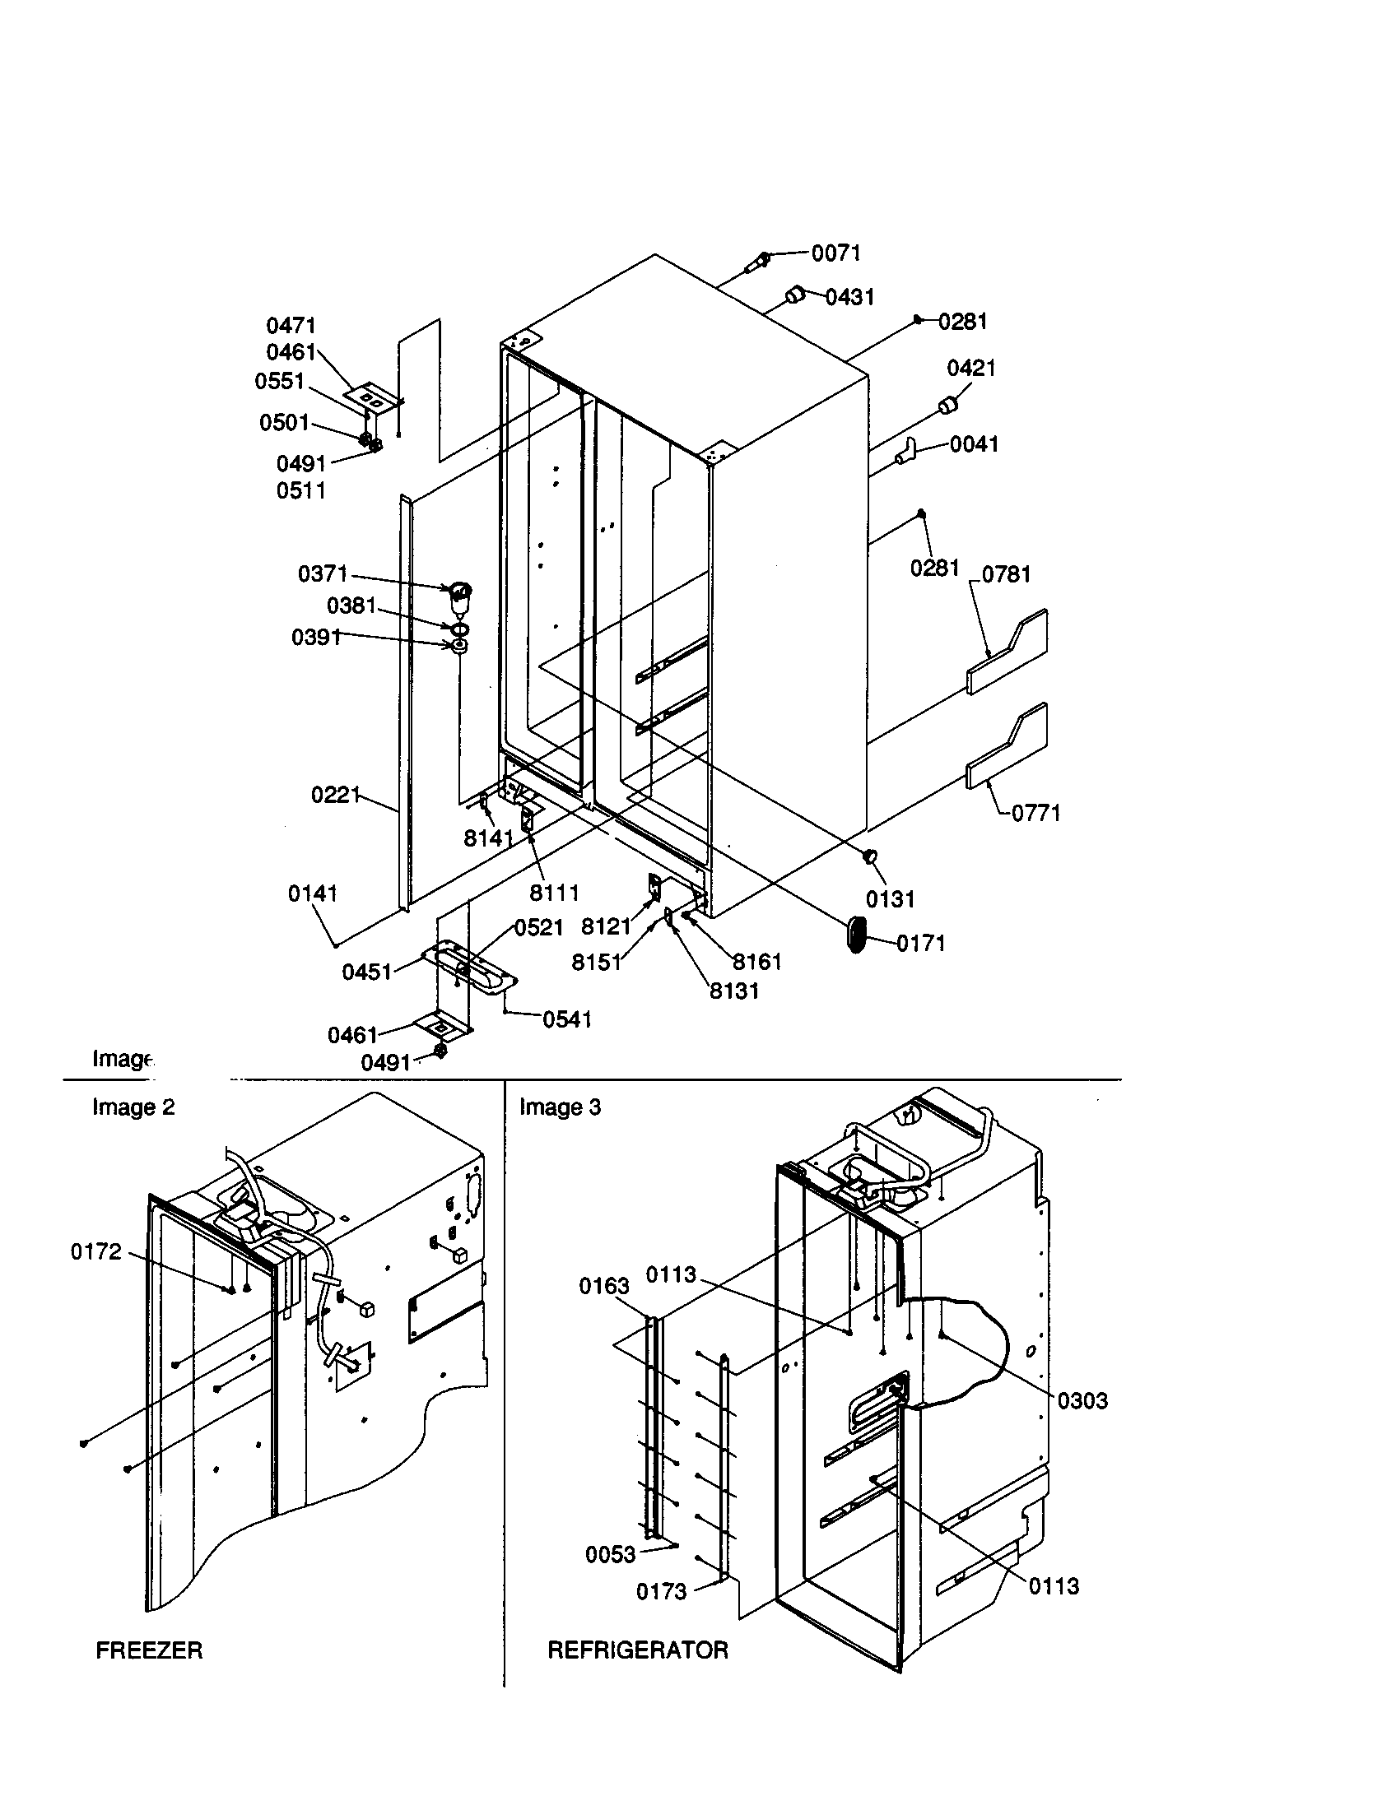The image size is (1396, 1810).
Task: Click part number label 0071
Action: (x=835, y=253)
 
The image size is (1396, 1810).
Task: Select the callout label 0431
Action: (x=849, y=297)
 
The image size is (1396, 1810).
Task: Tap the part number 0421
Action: (x=970, y=368)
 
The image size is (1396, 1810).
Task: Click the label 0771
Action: (x=1035, y=813)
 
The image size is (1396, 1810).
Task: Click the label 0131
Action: (x=890, y=899)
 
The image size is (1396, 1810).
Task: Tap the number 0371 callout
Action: (x=323, y=573)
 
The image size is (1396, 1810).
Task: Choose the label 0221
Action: (x=336, y=796)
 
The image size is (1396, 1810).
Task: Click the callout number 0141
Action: (x=313, y=893)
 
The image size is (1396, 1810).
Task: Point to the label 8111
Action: (x=554, y=893)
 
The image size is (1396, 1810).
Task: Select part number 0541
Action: (x=567, y=1019)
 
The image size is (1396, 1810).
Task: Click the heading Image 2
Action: (x=133, y=1108)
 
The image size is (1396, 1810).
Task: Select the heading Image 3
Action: (x=560, y=1108)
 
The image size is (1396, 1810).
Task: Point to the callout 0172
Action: (x=96, y=1251)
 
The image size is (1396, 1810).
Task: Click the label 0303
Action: (x=1082, y=1400)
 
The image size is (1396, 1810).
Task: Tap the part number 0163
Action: (x=603, y=1286)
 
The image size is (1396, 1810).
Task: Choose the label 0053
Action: (x=610, y=1555)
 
